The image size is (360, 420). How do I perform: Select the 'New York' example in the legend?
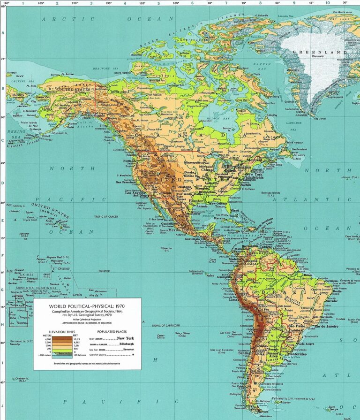[x=127, y=338]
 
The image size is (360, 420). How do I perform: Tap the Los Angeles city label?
[x=134, y=192]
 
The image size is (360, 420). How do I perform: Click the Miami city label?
[x=234, y=210]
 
